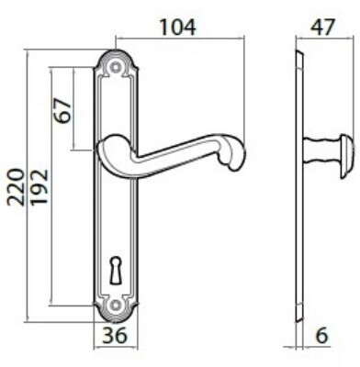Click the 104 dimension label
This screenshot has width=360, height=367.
click(178, 27)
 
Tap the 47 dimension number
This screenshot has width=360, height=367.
click(322, 27)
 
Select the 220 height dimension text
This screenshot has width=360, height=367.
click(16, 186)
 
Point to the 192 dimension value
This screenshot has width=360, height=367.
click(39, 186)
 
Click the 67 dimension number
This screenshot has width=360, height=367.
click(63, 110)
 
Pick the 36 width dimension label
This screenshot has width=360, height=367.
click(115, 335)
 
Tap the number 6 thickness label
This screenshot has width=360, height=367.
click(321, 335)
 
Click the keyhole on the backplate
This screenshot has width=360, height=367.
click(115, 271)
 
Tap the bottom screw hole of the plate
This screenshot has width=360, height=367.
click(116, 305)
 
